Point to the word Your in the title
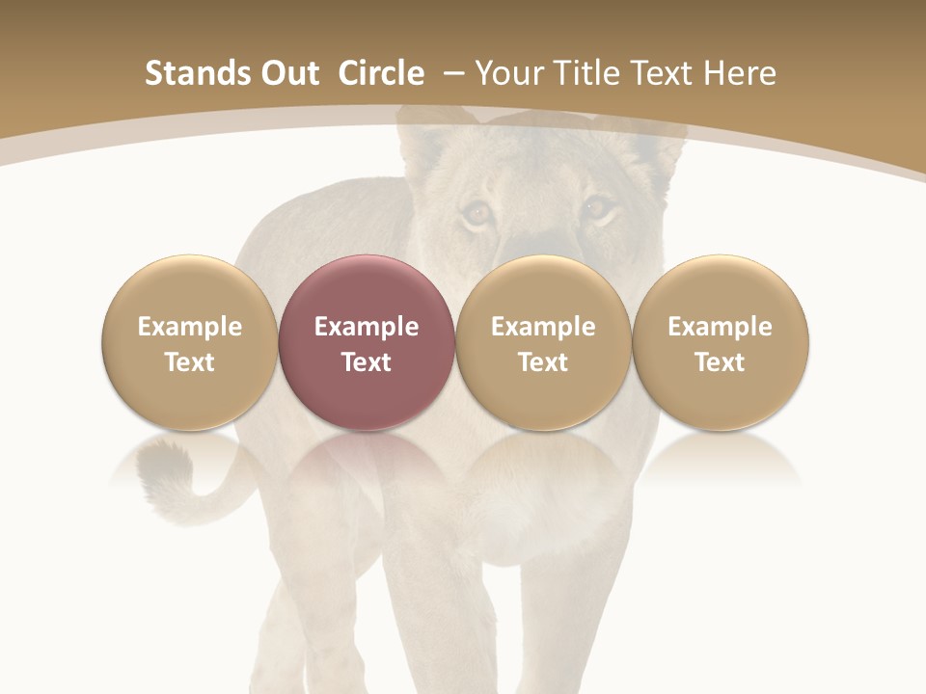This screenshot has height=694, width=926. [508, 73]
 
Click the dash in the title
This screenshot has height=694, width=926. [452, 73]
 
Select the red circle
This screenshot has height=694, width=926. [366, 342]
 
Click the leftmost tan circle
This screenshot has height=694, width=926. [189, 342]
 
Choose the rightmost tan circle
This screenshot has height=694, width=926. [720, 342]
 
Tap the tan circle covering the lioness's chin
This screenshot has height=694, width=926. [543, 342]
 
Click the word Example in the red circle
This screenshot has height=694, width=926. [367, 327]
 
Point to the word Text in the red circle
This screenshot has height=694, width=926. [367, 362]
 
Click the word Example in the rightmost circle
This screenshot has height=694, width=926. [720, 327]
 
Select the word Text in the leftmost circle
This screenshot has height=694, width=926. [189, 362]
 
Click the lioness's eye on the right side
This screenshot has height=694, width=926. [597, 207]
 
